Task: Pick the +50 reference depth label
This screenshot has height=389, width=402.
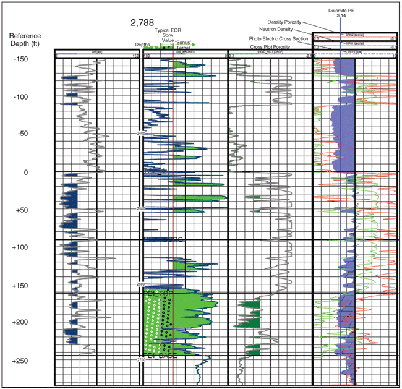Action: (x=22, y=210)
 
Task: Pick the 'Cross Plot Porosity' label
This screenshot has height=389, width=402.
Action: (x=271, y=47)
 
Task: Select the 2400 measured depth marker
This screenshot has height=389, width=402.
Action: (x=141, y=133)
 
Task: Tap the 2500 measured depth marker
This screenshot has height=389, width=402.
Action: (x=141, y=209)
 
